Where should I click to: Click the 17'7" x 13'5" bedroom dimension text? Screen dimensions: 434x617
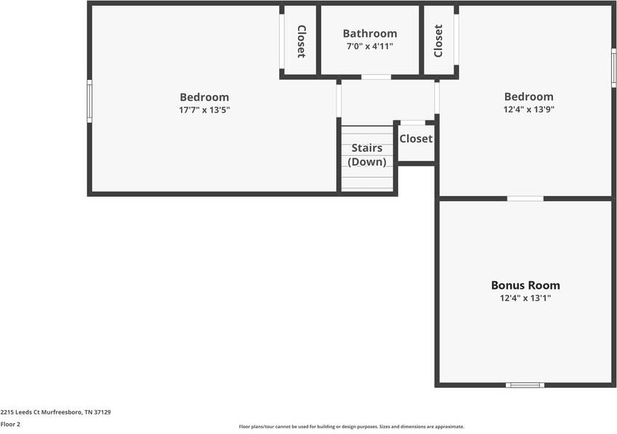204,110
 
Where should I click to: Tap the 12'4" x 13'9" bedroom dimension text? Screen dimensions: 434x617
528,110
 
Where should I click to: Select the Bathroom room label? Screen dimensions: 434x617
370,33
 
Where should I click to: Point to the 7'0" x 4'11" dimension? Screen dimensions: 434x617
370,46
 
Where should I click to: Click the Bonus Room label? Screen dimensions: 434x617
525,285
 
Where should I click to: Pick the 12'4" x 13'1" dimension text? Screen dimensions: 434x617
525,298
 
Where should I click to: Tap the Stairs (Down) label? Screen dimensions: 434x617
367,155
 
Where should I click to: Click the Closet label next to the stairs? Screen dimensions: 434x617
416,139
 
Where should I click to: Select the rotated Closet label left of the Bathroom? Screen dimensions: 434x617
300,41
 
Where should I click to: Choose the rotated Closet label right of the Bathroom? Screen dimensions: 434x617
438,41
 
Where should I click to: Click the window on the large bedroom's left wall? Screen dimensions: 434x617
89,101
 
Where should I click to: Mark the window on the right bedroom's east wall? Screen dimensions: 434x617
613,70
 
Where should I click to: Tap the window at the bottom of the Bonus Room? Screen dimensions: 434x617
525,385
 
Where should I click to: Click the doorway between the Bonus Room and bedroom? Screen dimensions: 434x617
525,198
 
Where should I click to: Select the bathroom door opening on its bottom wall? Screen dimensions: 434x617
376,76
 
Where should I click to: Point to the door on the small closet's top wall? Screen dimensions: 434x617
414,123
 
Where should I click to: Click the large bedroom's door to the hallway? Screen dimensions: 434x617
339,100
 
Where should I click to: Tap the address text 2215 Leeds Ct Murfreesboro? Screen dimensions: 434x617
55,412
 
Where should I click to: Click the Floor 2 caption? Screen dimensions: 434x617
10,425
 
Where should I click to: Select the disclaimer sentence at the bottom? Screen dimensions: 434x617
351,427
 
